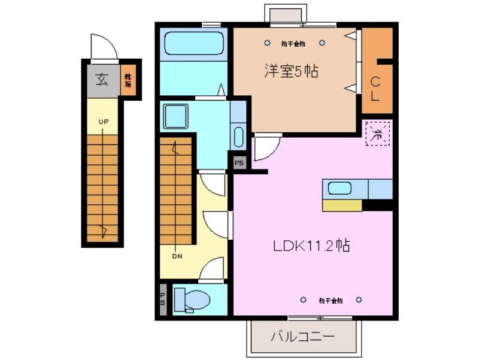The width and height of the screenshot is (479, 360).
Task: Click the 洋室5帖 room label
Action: pos(291,71)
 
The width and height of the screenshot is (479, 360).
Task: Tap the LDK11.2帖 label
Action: pos(312,245)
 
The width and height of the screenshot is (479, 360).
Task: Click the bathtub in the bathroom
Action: pos(193,43)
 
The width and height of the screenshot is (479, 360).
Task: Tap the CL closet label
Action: pos(375,88)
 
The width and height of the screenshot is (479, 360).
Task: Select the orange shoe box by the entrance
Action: pos(128,80)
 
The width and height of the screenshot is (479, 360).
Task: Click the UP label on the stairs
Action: pos(104,122)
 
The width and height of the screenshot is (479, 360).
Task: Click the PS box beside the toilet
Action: pos(163,298)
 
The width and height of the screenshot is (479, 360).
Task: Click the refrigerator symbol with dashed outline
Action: pos(378,133)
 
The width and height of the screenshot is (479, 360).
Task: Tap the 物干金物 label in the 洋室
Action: pos(293,43)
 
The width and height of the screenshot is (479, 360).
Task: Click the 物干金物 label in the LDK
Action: pos(331,300)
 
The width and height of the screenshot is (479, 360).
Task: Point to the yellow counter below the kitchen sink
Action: pos(342,205)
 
